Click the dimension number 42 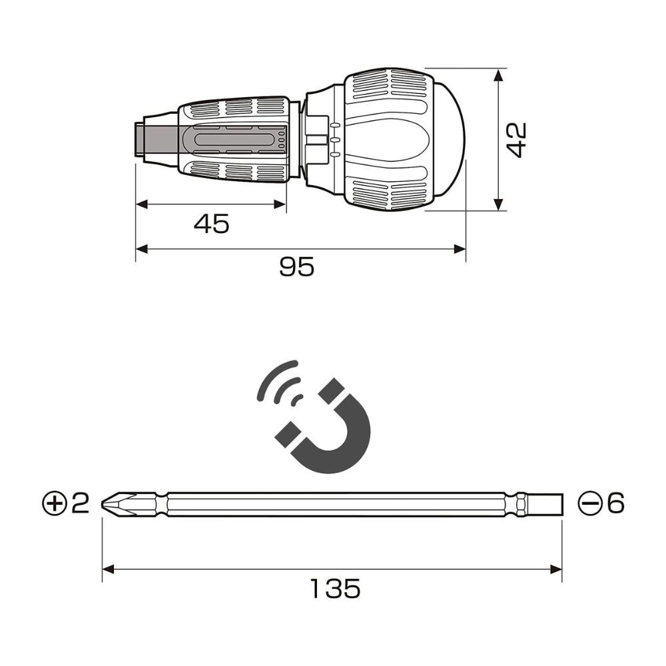pyautogui.click(x=517, y=140)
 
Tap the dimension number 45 pyautogui.click(x=212, y=224)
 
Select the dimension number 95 pyautogui.click(x=297, y=267)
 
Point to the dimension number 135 pyautogui.click(x=335, y=588)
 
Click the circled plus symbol pyautogui.click(x=55, y=503)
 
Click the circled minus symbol pyautogui.click(x=591, y=503)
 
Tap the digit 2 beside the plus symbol pyautogui.click(x=81, y=503)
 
